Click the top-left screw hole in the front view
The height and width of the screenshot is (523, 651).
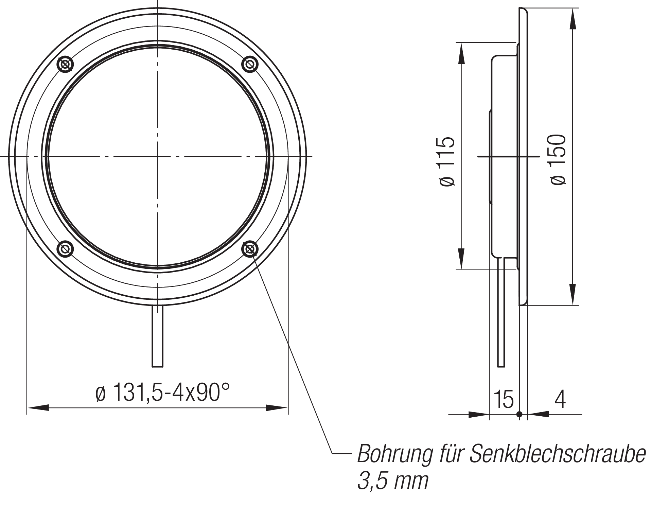click(x=66, y=64)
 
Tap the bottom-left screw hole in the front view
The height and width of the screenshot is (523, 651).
click(x=66, y=249)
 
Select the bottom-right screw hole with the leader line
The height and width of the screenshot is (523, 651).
click(x=250, y=249)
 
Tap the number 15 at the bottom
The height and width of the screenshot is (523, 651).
click(x=504, y=400)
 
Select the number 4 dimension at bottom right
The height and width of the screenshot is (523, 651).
click(x=560, y=400)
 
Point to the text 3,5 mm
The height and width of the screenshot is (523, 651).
click(x=392, y=481)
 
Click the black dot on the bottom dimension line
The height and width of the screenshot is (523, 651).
click(x=519, y=414)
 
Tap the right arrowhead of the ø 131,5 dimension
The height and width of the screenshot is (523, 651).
click(x=277, y=407)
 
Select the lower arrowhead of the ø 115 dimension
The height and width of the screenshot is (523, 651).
click(x=461, y=258)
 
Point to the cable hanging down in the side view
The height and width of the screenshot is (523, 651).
click(x=501, y=313)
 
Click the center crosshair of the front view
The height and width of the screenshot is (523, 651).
click(x=157, y=157)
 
